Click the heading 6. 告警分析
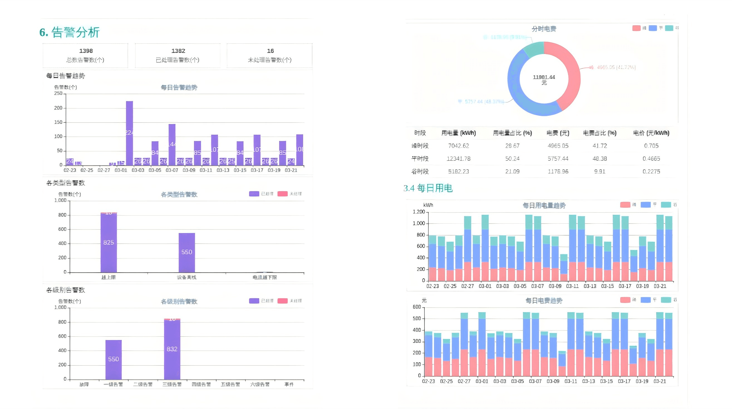pos(70,32)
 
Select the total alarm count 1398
pos(86,51)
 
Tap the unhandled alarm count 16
pos(270,51)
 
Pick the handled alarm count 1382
pos(178,51)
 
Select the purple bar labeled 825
pos(109,242)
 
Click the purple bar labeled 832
pos(172,349)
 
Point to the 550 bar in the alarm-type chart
pos(187,252)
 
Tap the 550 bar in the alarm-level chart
pos(113,359)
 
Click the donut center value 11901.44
pos(544,77)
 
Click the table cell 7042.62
pos(458,146)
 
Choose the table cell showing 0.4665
pos(651,159)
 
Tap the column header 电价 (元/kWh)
pos(651,133)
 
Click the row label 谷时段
pos(420,171)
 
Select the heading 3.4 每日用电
pos(428,188)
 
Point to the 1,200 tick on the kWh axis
pos(419,212)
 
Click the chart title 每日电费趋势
pos(544,300)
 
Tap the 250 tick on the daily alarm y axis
pos(58,93)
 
